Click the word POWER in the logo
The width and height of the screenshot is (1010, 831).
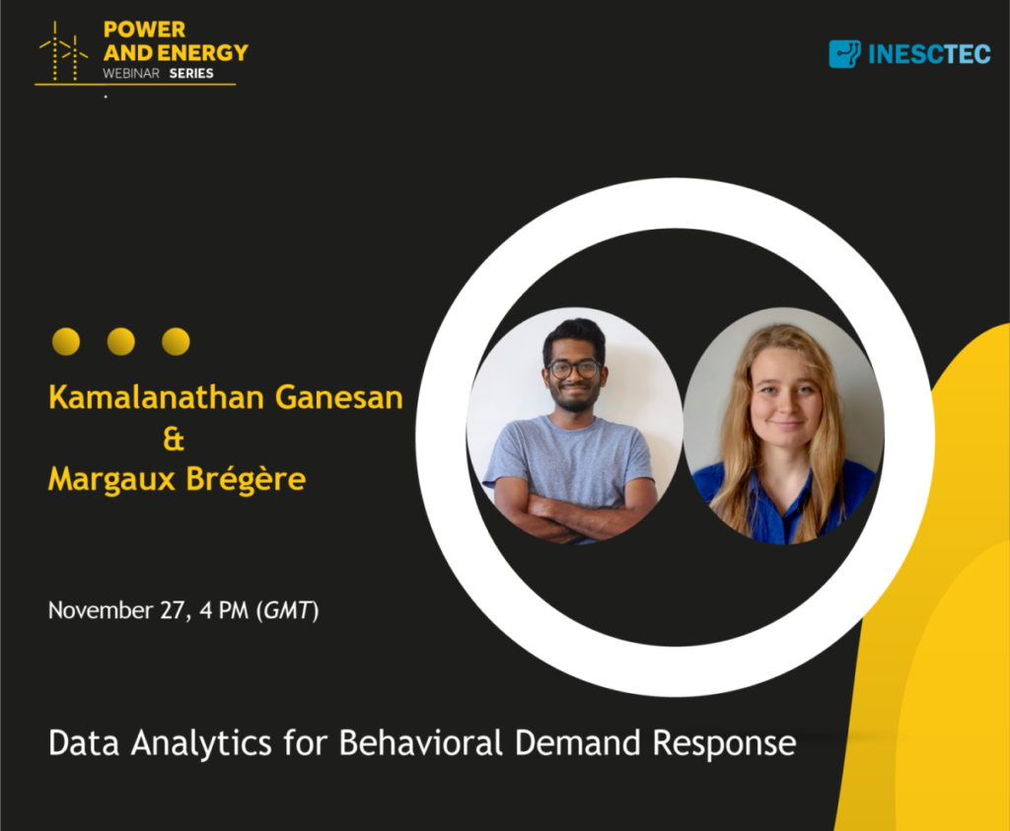click(144, 30)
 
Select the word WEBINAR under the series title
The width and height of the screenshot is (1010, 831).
click(131, 73)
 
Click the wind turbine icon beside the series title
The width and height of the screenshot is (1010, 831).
click(63, 51)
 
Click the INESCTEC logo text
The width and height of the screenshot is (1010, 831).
click(929, 55)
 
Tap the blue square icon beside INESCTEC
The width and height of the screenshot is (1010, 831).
click(844, 54)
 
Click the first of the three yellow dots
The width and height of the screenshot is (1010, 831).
click(66, 341)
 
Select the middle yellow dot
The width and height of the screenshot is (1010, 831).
click(120, 341)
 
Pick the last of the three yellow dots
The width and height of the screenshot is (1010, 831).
click(176, 341)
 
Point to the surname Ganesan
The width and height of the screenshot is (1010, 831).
click(339, 397)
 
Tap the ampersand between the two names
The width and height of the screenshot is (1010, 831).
click(174, 439)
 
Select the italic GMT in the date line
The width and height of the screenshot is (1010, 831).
click(288, 610)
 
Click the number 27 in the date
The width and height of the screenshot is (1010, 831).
click(173, 610)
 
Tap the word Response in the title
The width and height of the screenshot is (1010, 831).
click(725, 744)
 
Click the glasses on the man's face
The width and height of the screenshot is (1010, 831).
click(574, 370)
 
